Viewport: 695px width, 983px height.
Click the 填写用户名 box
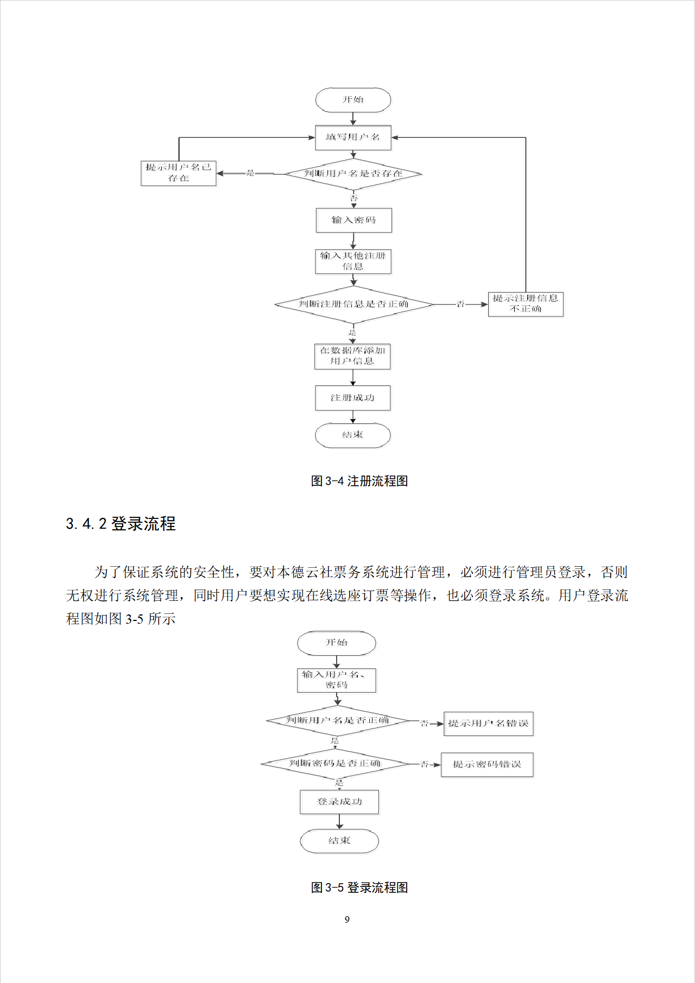click(x=353, y=137)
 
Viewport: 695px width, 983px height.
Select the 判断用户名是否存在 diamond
click(x=353, y=174)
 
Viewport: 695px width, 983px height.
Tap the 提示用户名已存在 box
click(x=179, y=173)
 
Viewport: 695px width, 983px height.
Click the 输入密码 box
click(x=353, y=220)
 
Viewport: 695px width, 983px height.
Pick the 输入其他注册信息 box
click(x=353, y=261)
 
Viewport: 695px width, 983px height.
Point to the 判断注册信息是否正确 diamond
click(x=353, y=305)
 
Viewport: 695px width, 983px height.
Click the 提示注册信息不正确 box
click(x=526, y=304)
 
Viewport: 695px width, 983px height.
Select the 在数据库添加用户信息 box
click(x=352, y=356)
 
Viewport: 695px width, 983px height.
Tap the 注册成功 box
click(x=352, y=398)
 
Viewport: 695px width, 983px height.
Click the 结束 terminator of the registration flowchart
click(x=352, y=435)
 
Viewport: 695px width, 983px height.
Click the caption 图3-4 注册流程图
click(x=359, y=481)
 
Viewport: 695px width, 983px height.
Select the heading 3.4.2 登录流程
click(x=121, y=524)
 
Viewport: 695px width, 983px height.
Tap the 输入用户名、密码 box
click(x=336, y=680)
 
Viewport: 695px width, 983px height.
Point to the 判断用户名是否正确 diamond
click(x=337, y=721)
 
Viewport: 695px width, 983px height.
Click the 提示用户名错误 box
click(x=488, y=724)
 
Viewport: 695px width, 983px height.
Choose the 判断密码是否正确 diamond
click(x=334, y=764)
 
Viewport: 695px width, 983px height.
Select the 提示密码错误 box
click(x=487, y=764)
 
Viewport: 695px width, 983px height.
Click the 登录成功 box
click(x=339, y=802)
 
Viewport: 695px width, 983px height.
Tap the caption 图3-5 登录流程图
click(x=359, y=887)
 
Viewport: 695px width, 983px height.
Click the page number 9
click(x=347, y=919)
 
